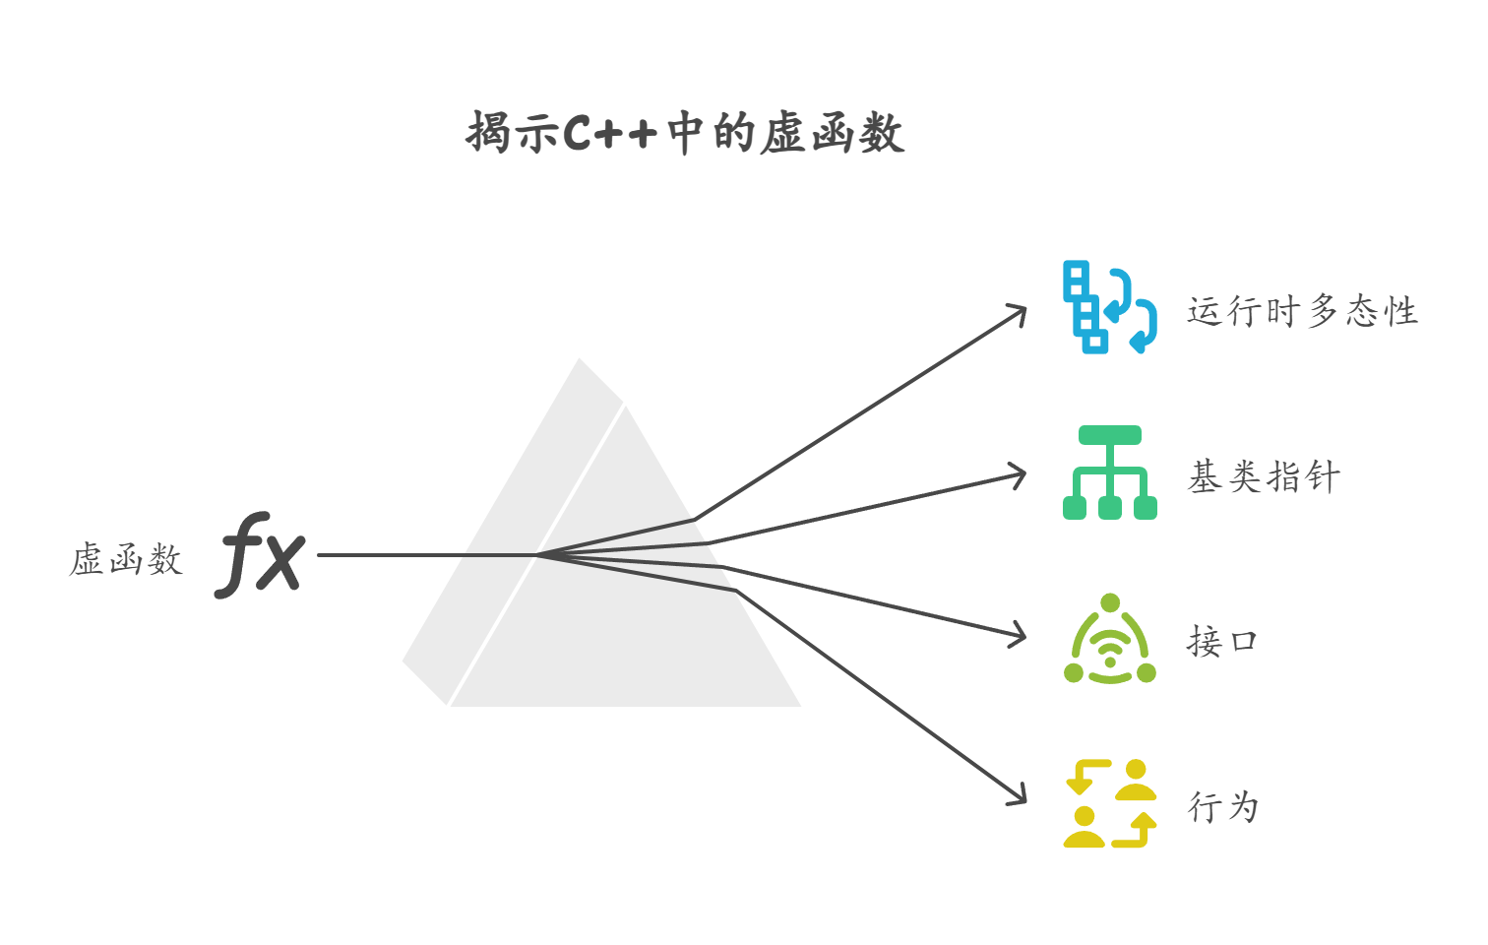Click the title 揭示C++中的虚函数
[x=686, y=133]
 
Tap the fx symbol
[x=261, y=554]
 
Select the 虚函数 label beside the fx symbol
[x=126, y=559]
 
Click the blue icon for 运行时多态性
[x=1109, y=307]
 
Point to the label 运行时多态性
[x=1302, y=311]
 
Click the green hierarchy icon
[x=1109, y=473]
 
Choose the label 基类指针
[x=1264, y=477]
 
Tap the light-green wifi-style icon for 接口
[x=1110, y=640]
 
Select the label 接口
[x=1222, y=642]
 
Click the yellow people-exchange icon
[x=1110, y=803]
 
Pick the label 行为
[x=1223, y=806]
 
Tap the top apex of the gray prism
[x=581, y=360]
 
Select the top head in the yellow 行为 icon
[x=1137, y=770]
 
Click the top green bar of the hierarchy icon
[x=1109, y=435]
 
